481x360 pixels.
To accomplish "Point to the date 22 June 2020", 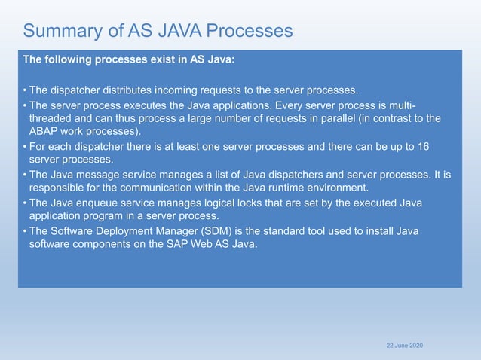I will (x=404, y=344).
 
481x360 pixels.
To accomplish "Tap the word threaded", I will (x=53, y=119).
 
